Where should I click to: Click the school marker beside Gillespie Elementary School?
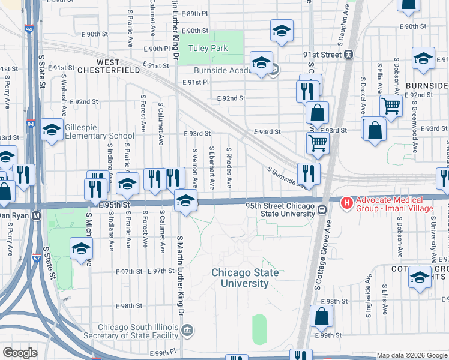pyautogui.click(x=52, y=129)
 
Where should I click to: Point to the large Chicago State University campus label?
pyautogui.click(x=245, y=277)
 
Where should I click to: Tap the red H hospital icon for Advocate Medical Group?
pyautogui.click(x=346, y=204)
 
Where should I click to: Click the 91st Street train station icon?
pyautogui.click(x=348, y=55)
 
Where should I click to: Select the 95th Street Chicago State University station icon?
pyautogui.click(x=322, y=226)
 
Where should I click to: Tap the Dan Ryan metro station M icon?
pyautogui.click(x=36, y=215)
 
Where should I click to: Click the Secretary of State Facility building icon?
pyautogui.click(x=188, y=329)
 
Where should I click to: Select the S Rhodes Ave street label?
pyautogui.click(x=229, y=168)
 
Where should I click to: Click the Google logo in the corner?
pyautogui.click(x=20, y=353)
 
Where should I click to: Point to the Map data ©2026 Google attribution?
pyautogui.click(x=411, y=355)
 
